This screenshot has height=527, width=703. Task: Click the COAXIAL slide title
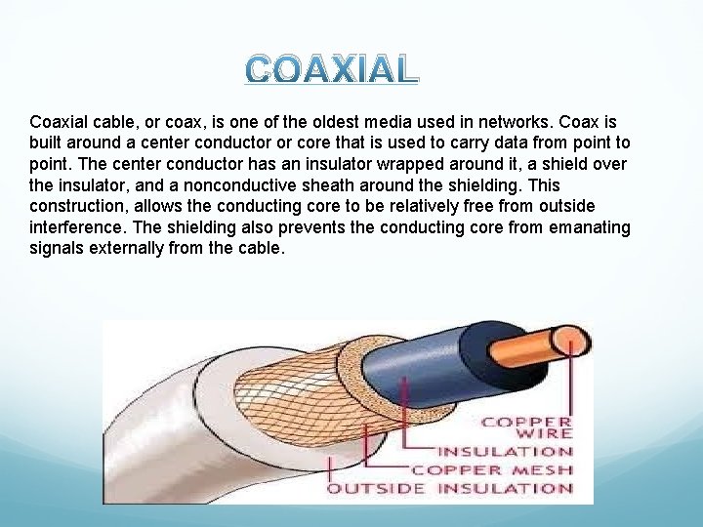331,68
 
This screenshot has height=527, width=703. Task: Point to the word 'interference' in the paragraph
75,227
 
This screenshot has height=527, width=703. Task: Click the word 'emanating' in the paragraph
589,227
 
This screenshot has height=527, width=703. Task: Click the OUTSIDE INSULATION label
450,488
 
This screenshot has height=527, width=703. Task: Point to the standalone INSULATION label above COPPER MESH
505,451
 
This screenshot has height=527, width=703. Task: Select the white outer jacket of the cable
166,429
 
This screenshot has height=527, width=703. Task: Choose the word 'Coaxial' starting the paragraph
59,122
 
